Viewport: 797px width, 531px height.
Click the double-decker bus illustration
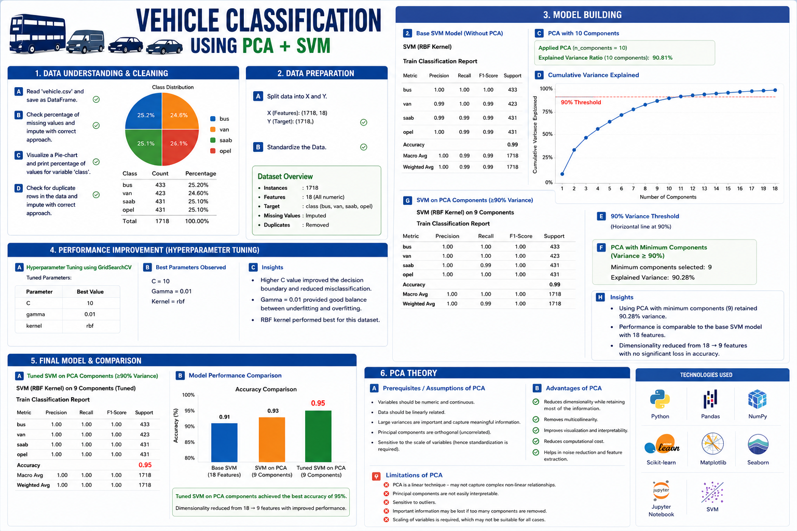click(x=37, y=34)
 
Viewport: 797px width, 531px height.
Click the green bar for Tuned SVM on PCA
click(x=318, y=436)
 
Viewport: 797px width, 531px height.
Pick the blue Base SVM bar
click(x=224, y=442)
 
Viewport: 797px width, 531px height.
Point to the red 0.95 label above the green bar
click(x=318, y=403)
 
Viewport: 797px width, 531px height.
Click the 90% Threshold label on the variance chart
click(x=581, y=103)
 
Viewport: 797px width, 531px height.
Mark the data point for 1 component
click(x=562, y=174)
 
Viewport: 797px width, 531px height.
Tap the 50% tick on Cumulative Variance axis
click(x=547, y=134)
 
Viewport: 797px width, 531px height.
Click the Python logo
click(x=660, y=399)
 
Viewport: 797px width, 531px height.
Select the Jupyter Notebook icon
click(x=661, y=491)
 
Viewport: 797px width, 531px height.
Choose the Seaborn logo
click(x=758, y=444)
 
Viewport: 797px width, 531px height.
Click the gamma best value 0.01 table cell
click(x=90, y=314)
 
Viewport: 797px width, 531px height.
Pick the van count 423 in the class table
click(x=160, y=193)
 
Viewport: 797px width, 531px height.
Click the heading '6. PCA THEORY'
click(x=408, y=373)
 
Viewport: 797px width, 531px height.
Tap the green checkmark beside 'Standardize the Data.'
click(x=364, y=147)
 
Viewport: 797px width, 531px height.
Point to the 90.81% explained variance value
click(x=662, y=58)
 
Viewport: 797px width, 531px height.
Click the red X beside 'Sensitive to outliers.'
click(x=386, y=502)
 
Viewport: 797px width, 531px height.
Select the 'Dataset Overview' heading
click(x=285, y=176)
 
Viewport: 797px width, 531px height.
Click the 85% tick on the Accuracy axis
click(x=189, y=442)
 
